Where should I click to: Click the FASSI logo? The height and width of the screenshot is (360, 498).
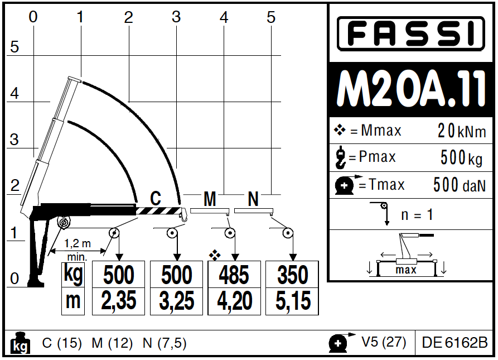tap(410, 33)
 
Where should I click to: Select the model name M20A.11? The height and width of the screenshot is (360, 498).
tap(412, 90)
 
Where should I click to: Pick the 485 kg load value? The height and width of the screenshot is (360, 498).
tap(235, 275)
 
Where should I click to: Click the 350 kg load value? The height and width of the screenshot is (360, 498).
tap(293, 275)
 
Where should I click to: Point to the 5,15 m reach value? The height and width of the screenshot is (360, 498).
tap(293, 301)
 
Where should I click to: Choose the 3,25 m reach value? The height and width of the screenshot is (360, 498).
tap(177, 301)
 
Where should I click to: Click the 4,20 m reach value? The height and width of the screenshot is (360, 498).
tap(235, 301)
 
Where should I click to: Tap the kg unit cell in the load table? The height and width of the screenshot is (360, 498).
tap(72, 275)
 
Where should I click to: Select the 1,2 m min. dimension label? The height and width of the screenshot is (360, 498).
tap(78, 249)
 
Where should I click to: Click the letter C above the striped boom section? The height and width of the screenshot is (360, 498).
tap(156, 198)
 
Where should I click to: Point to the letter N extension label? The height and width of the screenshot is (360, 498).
tap(253, 199)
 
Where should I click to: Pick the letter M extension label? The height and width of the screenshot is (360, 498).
tap(210, 199)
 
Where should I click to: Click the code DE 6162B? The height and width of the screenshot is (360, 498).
tap(455, 342)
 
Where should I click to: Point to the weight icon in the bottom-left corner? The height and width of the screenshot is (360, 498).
tap(21, 343)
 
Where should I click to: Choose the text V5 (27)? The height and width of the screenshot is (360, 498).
tap(384, 342)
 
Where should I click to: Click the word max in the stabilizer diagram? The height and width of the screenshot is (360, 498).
tap(406, 270)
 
